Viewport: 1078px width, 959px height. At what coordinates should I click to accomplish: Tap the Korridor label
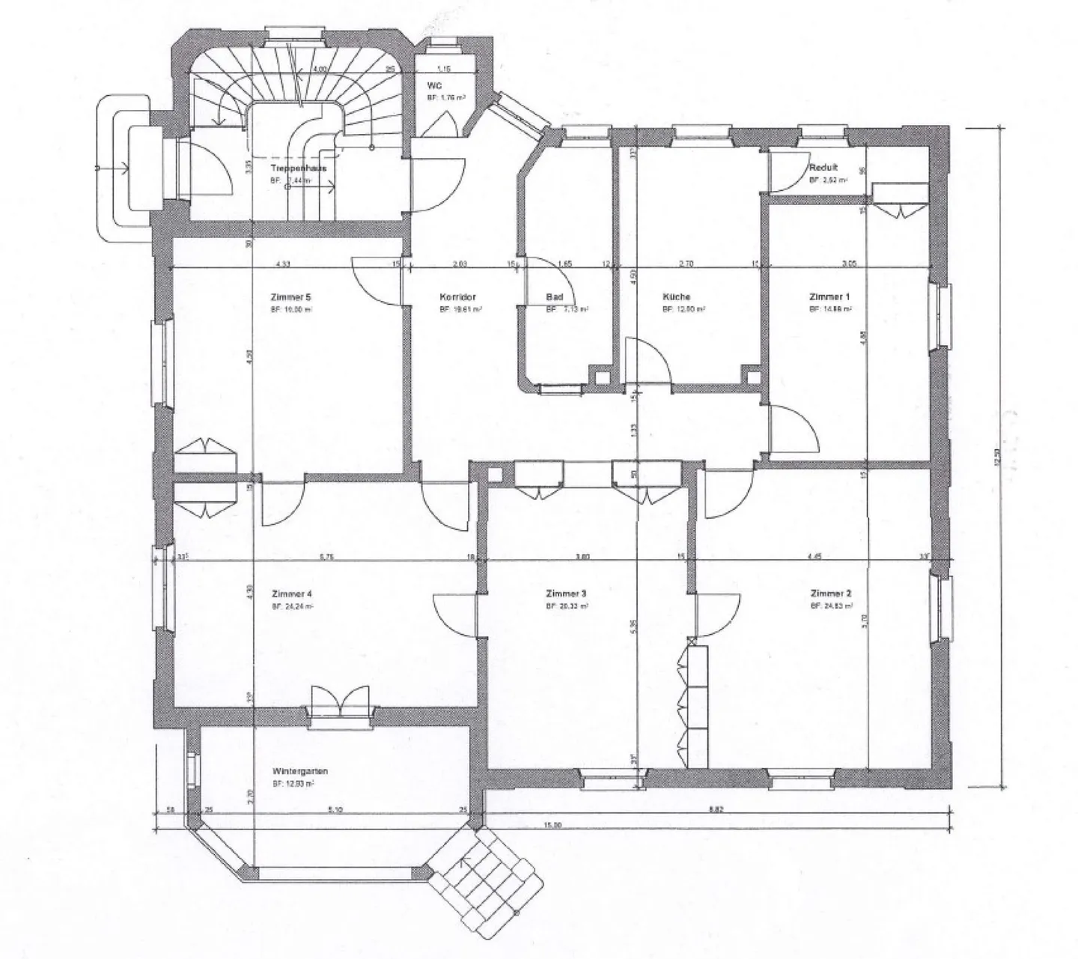click(457, 296)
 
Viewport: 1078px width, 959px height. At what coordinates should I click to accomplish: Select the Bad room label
click(554, 296)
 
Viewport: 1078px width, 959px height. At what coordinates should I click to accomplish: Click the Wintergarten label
click(300, 770)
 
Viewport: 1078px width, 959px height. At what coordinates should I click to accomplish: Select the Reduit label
click(823, 168)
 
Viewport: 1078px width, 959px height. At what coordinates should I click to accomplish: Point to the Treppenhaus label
click(298, 169)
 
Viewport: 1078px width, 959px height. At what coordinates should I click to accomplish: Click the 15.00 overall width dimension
click(552, 825)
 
